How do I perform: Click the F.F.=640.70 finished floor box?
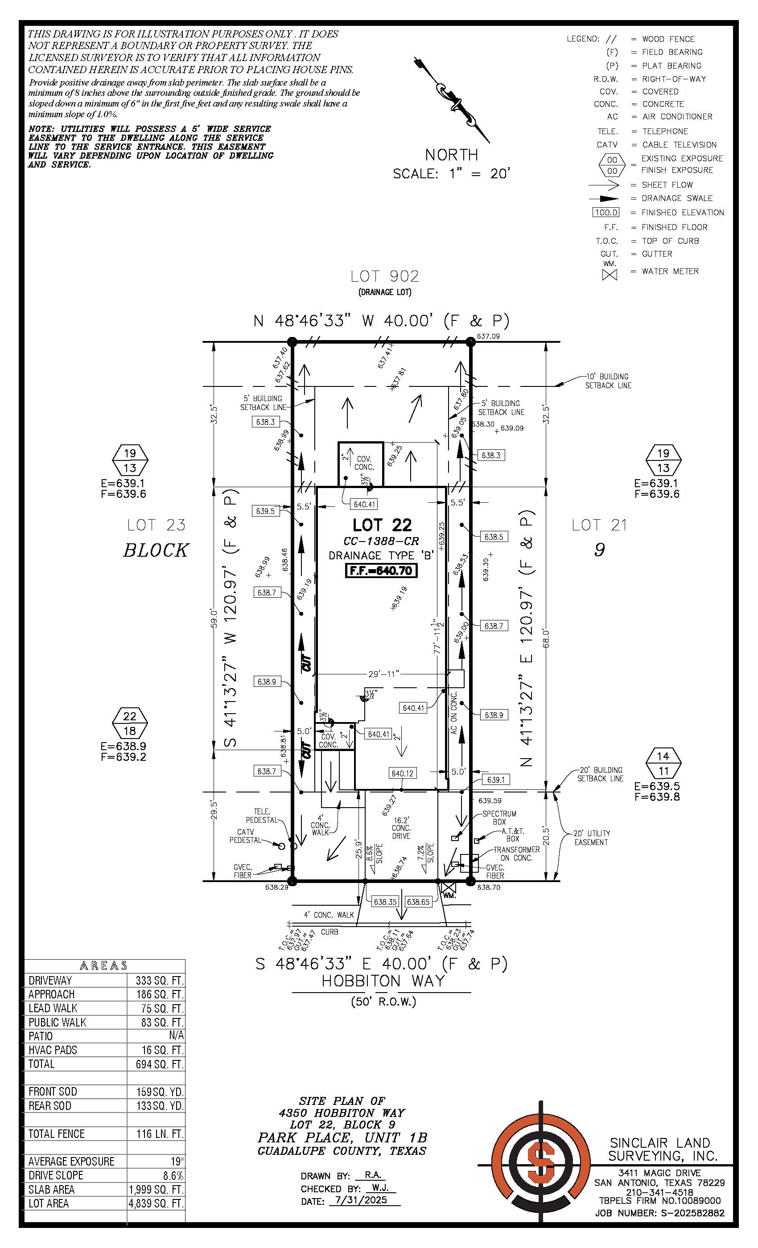(381, 571)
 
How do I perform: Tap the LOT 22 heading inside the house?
(382, 525)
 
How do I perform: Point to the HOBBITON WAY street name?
(383, 981)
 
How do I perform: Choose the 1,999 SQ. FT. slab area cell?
(156, 1189)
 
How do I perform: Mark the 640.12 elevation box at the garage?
(402, 773)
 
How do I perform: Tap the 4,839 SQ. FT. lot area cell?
(156, 1203)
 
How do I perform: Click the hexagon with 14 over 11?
(663, 763)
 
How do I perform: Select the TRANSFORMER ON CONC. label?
(516, 854)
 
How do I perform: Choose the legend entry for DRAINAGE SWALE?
(677, 198)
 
